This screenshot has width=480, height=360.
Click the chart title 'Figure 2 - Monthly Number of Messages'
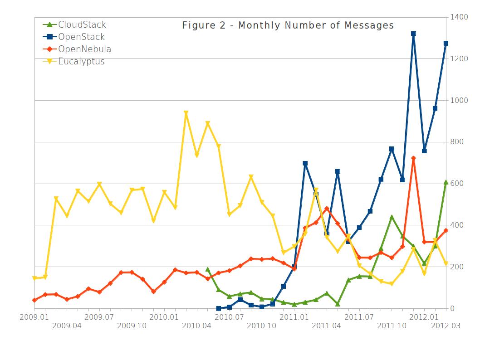288,25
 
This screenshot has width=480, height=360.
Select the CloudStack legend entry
82,24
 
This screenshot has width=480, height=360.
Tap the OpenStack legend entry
81,37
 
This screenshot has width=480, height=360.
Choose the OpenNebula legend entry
84,49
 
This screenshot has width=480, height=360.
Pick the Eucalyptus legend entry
81,61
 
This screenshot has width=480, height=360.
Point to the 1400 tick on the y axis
459,17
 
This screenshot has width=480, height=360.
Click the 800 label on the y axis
457,142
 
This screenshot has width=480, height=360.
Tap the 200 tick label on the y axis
457,267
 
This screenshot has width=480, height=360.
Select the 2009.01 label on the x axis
35,316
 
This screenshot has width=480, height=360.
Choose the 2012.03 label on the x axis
446,325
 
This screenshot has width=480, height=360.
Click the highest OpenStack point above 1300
413,34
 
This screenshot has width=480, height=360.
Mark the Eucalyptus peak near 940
186,113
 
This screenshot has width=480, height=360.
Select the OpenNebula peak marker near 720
413,158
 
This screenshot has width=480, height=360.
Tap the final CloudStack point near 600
446,182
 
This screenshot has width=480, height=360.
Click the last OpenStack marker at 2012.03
446,44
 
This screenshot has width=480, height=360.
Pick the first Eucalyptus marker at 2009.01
35,278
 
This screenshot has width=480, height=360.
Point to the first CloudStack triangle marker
208,269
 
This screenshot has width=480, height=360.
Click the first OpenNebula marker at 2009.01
35,300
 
